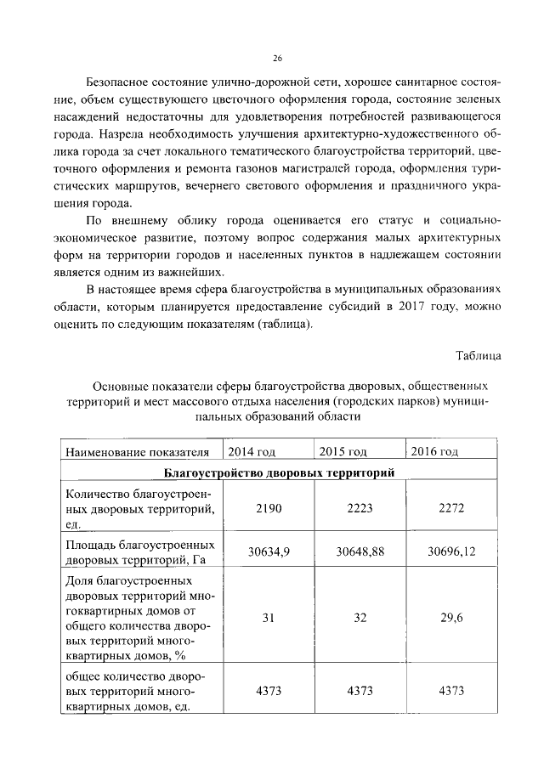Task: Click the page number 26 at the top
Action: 277,58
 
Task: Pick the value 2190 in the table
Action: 268,508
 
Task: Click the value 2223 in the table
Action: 360,508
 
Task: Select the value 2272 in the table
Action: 450,508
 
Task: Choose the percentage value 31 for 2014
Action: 268,619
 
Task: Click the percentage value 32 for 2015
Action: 360,619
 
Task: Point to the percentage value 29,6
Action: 450,619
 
